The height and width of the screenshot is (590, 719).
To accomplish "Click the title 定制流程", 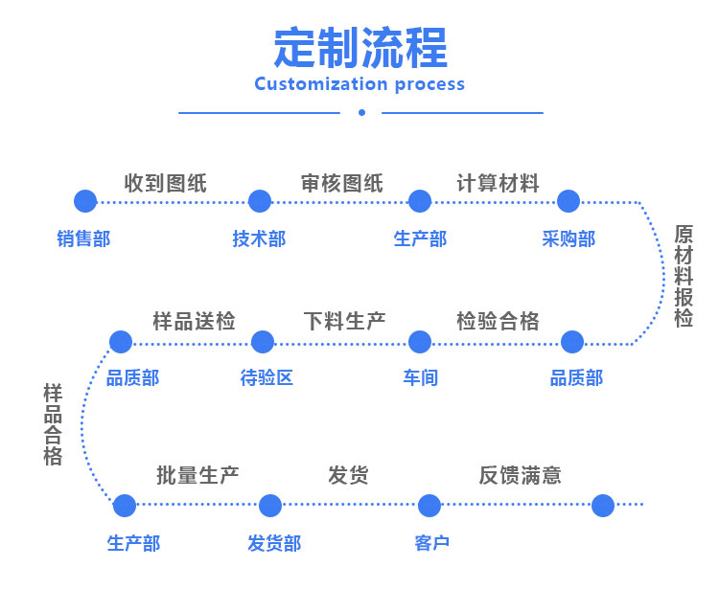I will tap(359, 47).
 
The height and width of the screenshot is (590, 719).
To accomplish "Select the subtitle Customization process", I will tap(359, 84).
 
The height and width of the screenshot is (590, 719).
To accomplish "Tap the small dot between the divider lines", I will tap(361, 112).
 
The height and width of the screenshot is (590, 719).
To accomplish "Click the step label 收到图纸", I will tap(165, 182).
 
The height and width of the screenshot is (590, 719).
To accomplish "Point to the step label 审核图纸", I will tap(341, 182).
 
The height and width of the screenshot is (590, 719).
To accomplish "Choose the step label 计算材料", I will tap(498, 182).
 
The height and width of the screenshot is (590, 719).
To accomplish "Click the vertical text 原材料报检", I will tap(684, 276).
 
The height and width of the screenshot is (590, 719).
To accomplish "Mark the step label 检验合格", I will tap(498, 321).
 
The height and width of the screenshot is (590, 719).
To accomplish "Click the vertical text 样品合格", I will tap(53, 424).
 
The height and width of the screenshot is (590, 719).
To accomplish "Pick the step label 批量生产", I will tap(197, 474).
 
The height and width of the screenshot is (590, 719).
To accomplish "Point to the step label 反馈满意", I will tap(520, 474).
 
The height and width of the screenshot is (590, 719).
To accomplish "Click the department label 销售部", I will tap(83, 238).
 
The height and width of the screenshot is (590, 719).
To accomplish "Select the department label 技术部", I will tap(259, 238).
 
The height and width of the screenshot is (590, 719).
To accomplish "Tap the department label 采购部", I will tap(568, 238).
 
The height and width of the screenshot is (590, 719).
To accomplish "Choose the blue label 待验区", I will tap(267, 377).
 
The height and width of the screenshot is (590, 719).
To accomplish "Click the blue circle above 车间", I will tap(420, 341).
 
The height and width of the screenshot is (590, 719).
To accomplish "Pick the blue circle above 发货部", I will tap(270, 506).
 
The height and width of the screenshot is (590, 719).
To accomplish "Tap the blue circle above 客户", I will tap(429, 506).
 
